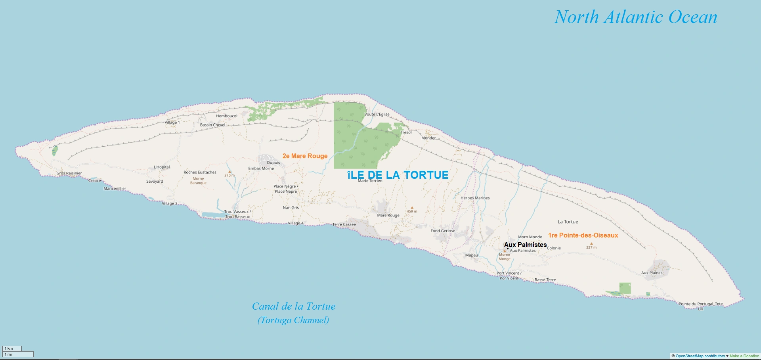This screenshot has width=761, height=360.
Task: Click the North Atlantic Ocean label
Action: (636, 17)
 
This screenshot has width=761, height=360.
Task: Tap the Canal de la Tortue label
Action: (294, 306)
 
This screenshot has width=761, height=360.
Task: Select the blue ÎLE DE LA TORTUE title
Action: (398, 175)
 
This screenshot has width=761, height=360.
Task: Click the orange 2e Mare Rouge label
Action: (305, 156)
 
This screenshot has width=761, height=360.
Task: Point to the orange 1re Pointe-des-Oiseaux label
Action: (583, 236)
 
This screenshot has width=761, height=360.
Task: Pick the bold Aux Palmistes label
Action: (526, 245)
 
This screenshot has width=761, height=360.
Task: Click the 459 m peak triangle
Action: (412, 207)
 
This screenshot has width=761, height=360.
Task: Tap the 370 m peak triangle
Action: (229, 172)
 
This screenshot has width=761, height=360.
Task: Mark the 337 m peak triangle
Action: (591, 244)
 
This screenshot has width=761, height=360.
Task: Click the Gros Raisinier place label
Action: (69, 173)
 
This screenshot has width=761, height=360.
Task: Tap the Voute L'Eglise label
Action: (377, 114)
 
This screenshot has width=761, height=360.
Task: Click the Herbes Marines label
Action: (475, 198)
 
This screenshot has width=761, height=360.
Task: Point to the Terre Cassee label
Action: (344, 224)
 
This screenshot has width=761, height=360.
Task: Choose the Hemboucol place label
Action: (227, 116)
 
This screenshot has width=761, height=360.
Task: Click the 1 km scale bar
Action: (12, 349)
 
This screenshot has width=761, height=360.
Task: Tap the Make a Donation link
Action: (744, 356)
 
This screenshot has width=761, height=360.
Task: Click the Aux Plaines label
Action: (652, 273)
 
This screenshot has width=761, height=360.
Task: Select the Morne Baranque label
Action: (198, 181)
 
